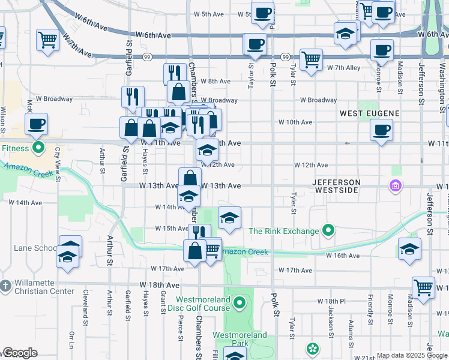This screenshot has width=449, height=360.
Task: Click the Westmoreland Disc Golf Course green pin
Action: click(240, 302)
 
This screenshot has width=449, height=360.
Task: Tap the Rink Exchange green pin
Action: click(328, 230)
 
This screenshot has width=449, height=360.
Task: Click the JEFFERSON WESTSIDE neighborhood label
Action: click(336, 185)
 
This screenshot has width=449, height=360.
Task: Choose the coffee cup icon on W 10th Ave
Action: click(381, 129)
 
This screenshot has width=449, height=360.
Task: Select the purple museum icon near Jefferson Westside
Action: click(396, 186)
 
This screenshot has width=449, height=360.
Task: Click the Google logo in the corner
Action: click(20, 353)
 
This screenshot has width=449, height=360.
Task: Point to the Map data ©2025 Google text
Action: click(411, 355)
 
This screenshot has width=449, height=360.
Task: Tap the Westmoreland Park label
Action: click(240, 339)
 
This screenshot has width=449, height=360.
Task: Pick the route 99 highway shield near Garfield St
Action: click(146, 56)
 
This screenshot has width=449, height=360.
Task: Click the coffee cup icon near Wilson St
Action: click(36, 125)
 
